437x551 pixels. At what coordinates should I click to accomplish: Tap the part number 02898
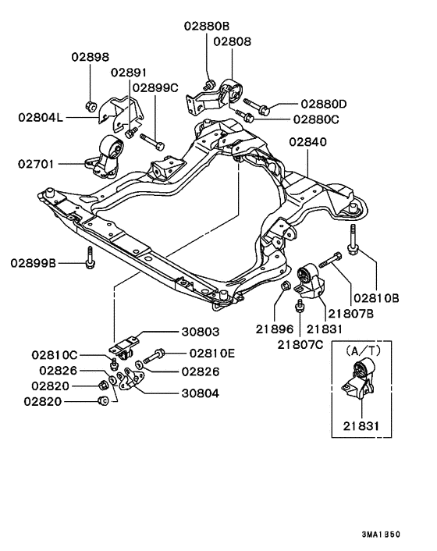click(x=91, y=57)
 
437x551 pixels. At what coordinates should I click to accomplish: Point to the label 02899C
click(x=155, y=88)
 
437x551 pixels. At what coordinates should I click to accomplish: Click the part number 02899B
click(x=34, y=263)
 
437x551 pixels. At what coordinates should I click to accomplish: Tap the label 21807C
click(x=297, y=341)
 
